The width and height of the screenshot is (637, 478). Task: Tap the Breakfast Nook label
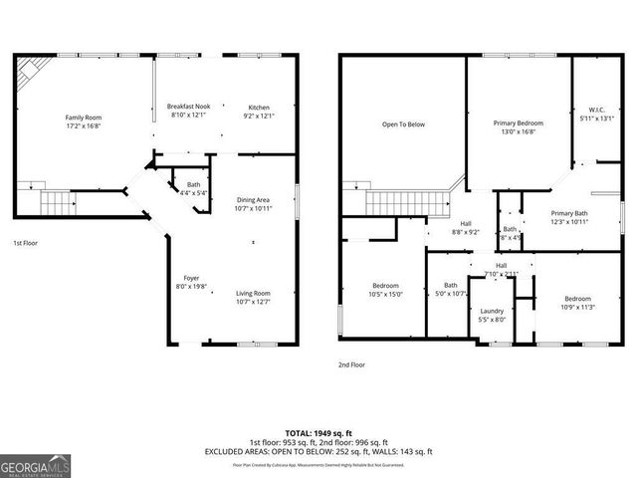click(189, 111)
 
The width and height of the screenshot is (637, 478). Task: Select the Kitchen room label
click(259, 111)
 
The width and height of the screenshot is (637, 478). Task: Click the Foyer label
click(191, 282)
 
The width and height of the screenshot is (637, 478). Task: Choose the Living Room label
click(253, 297)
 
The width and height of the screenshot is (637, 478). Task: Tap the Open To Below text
click(403, 124)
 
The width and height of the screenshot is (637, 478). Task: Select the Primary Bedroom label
click(518, 128)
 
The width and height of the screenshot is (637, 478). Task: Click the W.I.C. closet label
click(597, 115)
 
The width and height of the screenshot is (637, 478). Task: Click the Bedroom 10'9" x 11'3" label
click(578, 304)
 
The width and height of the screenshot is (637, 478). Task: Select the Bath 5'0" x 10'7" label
click(451, 290)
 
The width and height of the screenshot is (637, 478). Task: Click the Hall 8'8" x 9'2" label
click(467, 228)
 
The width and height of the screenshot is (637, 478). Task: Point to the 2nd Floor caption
click(351, 364)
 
